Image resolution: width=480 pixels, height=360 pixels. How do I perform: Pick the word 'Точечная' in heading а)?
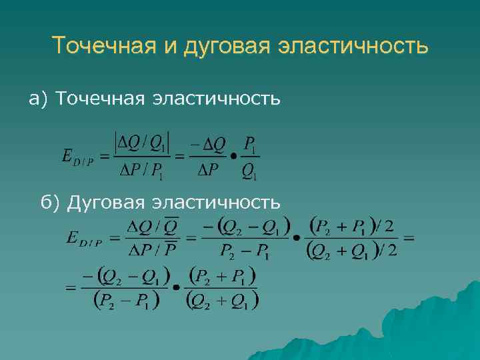(x=101, y=99)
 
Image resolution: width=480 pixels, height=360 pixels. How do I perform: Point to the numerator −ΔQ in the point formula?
(x=207, y=143)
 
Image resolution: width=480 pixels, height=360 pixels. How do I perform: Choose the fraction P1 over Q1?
(x=251, y=159)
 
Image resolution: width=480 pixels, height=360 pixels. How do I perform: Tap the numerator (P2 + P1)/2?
(x=351, y=226)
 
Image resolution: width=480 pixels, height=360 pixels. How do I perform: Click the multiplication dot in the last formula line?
(x=175, y=289)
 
